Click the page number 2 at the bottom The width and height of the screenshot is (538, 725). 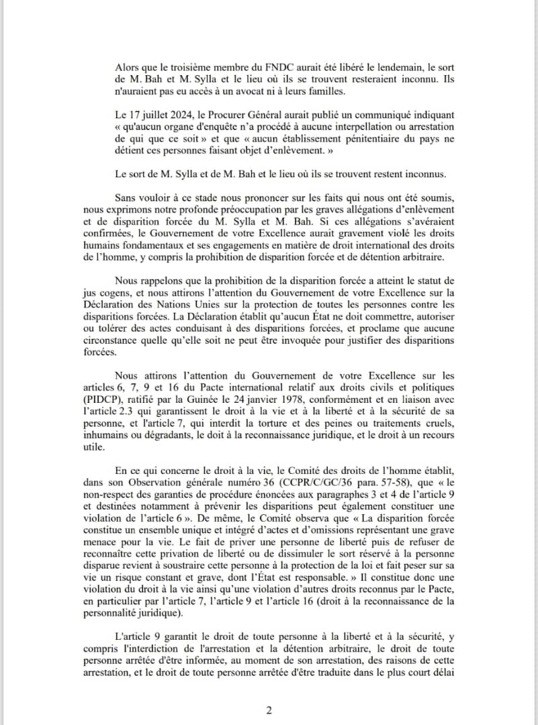click(269, 710)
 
